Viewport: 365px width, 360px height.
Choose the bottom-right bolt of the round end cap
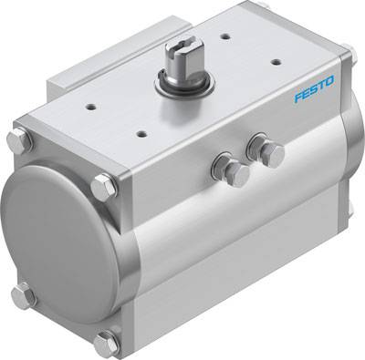coord(106,343)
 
